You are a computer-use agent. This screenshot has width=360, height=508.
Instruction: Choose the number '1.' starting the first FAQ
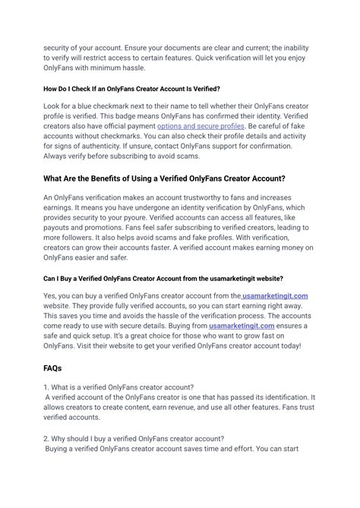(46, 387)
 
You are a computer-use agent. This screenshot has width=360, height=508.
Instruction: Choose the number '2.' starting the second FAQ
(46, 438)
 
